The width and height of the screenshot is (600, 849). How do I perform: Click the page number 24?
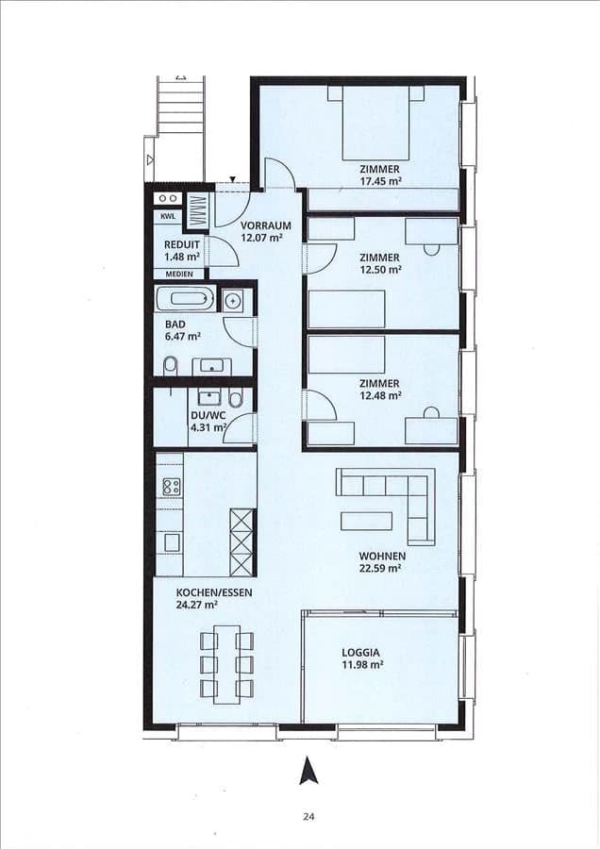tap(308, 817)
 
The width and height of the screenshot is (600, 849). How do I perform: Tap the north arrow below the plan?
tap(308, 771)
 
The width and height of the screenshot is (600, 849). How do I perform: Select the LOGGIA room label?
tap(361, 652)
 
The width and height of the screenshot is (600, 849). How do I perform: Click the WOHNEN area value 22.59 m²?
tap(381, 569)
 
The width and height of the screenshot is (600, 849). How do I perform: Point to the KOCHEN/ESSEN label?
tap(214, 592)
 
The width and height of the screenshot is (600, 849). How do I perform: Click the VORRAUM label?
tap(265, 225)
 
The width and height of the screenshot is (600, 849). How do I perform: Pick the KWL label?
tap(168, 217)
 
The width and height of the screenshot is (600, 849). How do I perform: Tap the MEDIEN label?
tap(179, 274)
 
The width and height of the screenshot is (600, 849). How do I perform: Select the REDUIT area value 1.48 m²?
tap(182, 257)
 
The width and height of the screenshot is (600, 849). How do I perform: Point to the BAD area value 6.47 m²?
tap(183, 336)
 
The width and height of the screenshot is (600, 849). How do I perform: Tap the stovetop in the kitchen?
tap(172, 487)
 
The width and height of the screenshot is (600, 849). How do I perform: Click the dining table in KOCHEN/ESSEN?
tap(226, 663)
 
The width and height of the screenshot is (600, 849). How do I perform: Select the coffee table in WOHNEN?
tap(367, 521)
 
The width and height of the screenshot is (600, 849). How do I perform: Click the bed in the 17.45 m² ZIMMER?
tap(375, 123)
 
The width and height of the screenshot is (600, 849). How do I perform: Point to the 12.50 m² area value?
tap(381, 270)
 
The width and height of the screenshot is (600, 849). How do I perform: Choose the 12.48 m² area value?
tap(381, 396)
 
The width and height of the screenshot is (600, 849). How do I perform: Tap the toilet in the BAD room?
tap(170, 365)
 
